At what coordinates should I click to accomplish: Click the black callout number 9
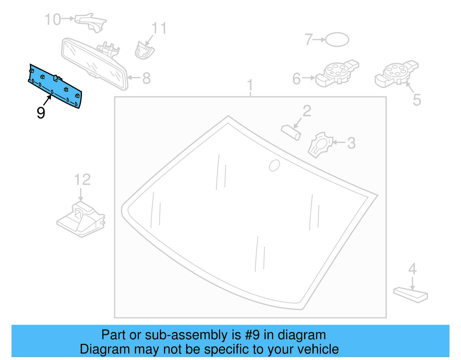pos(41,113)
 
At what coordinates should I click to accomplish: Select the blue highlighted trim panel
pos(55,86)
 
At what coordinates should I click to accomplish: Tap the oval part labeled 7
pos(337,39)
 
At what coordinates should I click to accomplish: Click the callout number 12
pos(82,180)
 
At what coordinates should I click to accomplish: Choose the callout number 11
pos(159,28)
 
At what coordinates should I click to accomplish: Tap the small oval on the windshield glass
pos(274,165)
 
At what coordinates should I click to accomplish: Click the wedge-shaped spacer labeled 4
pos(411,294)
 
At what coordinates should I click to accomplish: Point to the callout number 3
pos(351,143)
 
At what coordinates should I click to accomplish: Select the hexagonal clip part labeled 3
pos(320,145)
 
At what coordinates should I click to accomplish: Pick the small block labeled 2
pos(291,132)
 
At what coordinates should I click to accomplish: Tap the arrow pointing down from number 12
pos(81,195)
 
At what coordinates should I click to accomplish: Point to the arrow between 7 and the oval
pos(319,39)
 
